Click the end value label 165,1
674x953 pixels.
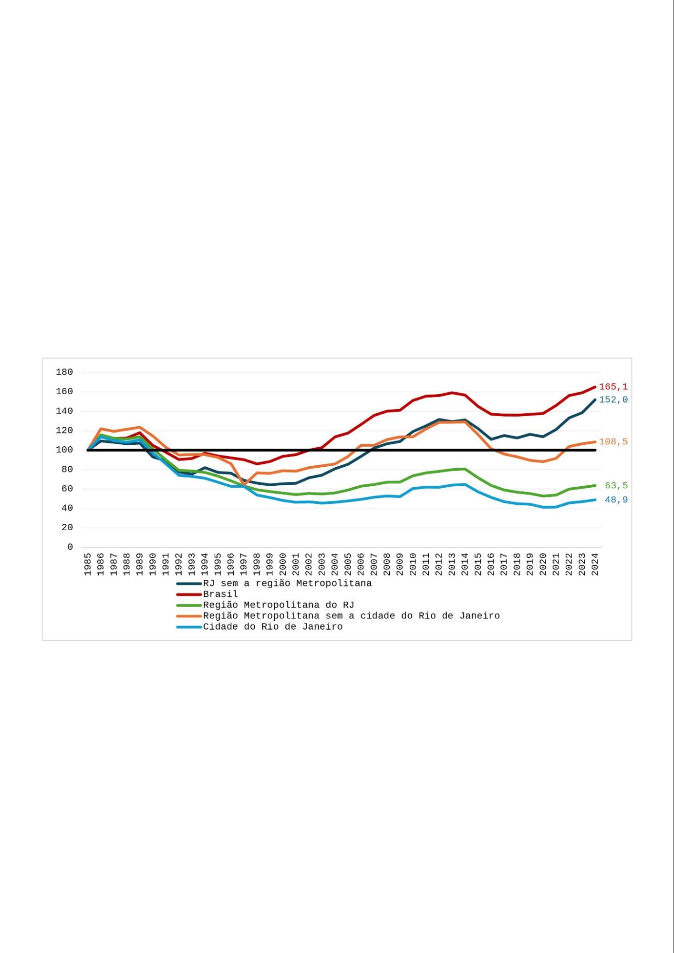pos(613,387)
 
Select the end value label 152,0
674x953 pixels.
pos(613,400)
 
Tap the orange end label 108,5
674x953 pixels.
pos(613,441)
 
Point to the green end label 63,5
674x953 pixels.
pos(616,485)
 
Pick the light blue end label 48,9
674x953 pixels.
pos(616,500)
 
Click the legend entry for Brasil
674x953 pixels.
pos(220,594)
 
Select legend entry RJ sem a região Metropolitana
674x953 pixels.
pos(287,583)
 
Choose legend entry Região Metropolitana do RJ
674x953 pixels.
pos(279,605)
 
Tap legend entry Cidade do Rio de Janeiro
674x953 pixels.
pos(273,627)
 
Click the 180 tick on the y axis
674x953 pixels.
pos(64,372)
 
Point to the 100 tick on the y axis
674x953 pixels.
pos(64,450)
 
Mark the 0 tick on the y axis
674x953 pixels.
pos(70,547)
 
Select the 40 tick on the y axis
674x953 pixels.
pos(67,508)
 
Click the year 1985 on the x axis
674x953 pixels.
pos(88,564)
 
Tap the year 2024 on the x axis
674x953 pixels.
pos(595,564)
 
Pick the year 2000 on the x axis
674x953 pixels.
pos(283,564)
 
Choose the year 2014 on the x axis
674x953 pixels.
pos(465,564)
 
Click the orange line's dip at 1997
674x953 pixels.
pos(244,484)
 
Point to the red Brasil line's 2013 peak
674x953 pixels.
pos(452,393)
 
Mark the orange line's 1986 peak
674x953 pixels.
pos(101,429)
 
